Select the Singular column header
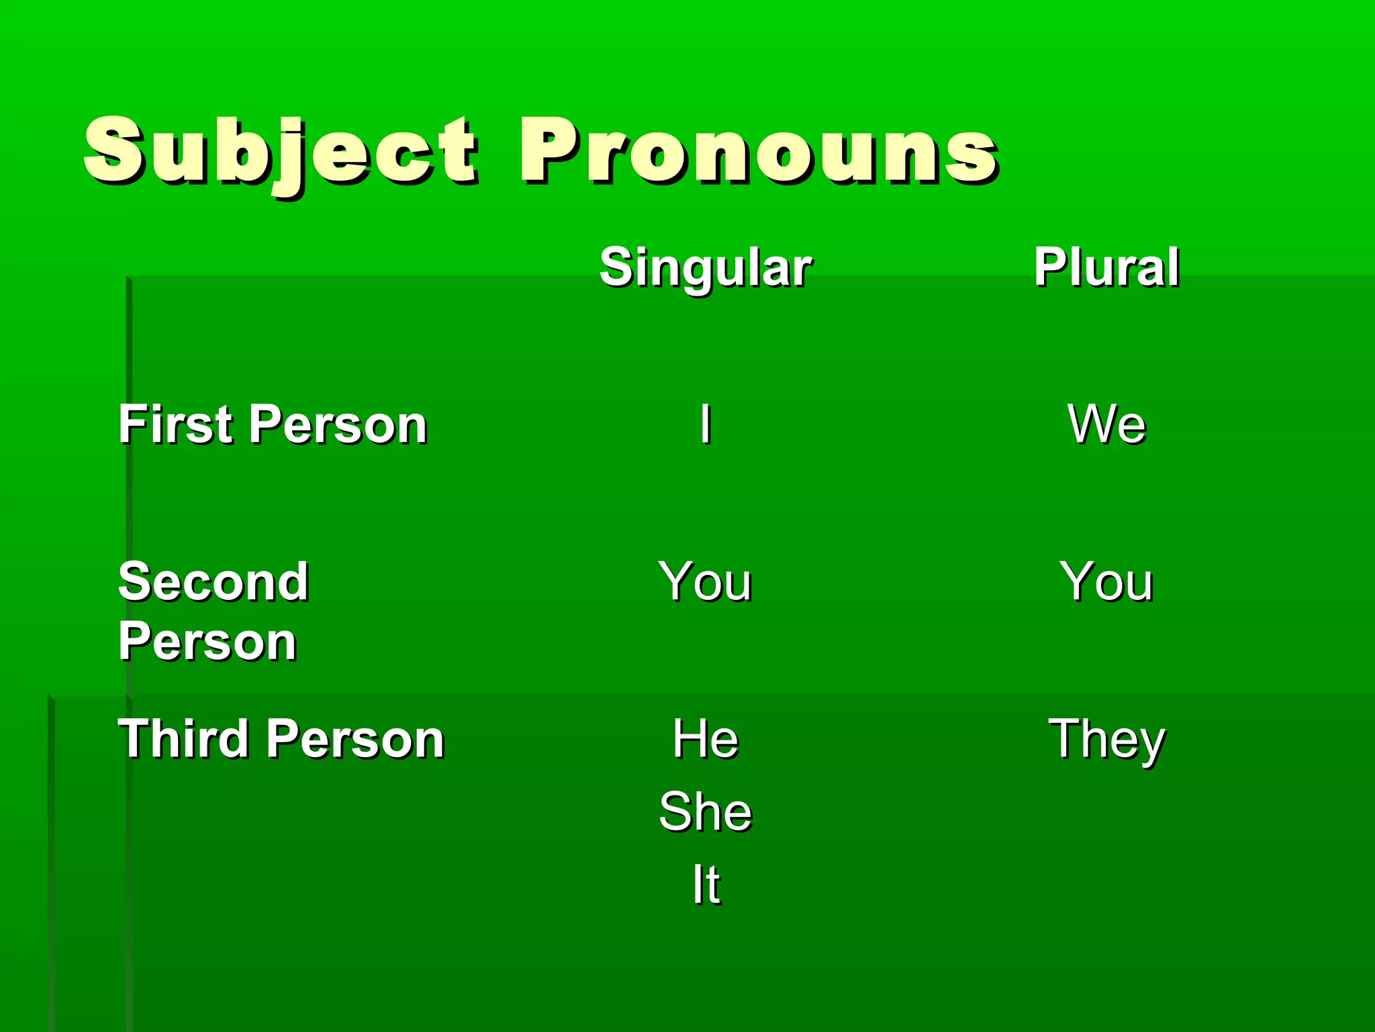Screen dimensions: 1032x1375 (x=706, y=267)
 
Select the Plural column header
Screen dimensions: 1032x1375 (x=1106, y=267)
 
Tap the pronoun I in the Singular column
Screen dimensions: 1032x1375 (x=705, y=424)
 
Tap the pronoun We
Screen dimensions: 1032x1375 (x=1106, y=424)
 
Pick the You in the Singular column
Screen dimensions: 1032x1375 (x=705, y=581)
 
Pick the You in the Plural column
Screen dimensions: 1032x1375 (x=1106, y=581)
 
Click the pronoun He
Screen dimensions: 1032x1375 (x=706, y=738)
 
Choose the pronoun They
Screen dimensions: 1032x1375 (x=1106, y=739)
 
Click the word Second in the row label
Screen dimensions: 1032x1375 (x=214, y=581)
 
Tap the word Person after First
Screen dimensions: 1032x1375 (x=341, y=425)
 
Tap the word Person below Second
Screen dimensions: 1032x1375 (x=207, y=642)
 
